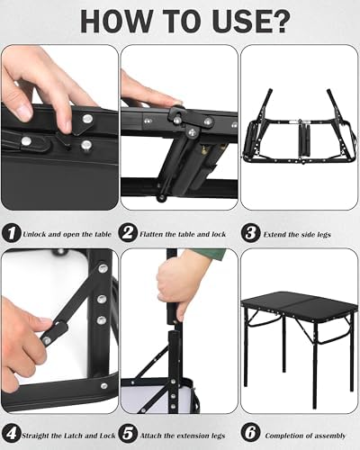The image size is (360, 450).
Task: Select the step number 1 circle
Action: (10, 234)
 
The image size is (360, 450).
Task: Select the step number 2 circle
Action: (130, 234)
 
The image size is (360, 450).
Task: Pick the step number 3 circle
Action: (250, 234)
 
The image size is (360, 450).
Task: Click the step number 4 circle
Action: (10, 432)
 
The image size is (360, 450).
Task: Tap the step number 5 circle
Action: (130, 432)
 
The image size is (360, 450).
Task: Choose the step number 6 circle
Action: (250, 432)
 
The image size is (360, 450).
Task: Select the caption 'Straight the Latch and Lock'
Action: (67, 433)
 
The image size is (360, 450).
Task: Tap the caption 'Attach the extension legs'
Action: (184, 433)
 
